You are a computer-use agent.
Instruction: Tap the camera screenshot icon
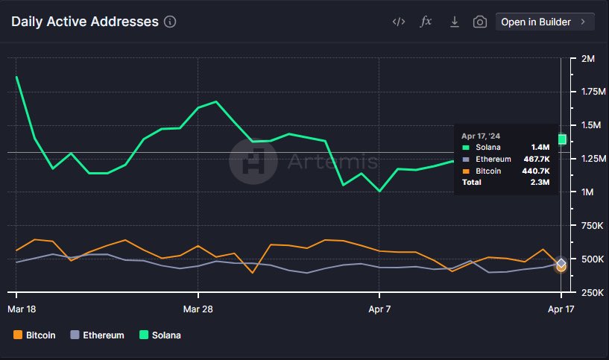[x=480, y=22]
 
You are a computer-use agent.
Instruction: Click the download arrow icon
[x=454, y=22]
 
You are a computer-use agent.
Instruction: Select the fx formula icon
[x=426, y=22]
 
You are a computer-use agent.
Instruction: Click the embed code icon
[x=399, y=22]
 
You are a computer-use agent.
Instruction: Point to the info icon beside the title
[x=170, y=22]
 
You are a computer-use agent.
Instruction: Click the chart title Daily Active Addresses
[x=85, y=22]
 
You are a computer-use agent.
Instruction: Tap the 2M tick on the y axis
[x=587, y=58]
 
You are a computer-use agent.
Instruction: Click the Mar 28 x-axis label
[x=198, y=308]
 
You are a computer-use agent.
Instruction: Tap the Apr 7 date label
[x=379, y=308]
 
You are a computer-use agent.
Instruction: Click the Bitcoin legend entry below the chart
[x=35, y=335]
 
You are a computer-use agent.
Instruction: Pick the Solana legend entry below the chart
[x=160, y=335]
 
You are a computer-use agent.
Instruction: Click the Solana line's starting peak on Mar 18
[x=16, y=77]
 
